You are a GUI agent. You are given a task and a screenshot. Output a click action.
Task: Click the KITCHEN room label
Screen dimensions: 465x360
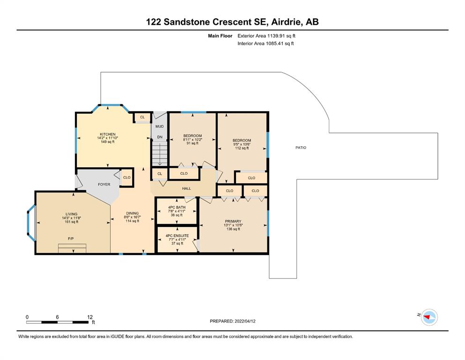(x=107, y=135)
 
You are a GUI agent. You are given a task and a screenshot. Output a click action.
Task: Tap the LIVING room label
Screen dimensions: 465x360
(x=72, y=214)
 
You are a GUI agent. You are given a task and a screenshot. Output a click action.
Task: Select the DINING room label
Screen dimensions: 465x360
(x=132, y=213)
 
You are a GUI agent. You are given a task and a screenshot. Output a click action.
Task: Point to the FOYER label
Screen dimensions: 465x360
(x=104, y=184)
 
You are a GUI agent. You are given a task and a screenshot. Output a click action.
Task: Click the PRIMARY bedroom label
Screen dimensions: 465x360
(x=233, y=221)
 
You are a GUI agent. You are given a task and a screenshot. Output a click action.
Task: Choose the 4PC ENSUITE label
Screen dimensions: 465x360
(x=177, y=236)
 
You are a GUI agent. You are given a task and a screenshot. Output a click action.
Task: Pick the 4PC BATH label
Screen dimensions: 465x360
(x=177, y=207)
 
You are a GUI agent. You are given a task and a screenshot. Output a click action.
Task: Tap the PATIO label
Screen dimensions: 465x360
(x=301, y=148)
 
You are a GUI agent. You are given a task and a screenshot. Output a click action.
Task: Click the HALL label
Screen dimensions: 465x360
(x=186, y=188)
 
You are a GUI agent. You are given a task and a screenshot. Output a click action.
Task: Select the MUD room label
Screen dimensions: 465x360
(x=160, y=127)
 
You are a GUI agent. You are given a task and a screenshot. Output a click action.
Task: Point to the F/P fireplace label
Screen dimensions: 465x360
(x=71, y=239)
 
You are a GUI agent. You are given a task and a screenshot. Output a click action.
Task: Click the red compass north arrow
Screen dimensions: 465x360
(x=427, y=317)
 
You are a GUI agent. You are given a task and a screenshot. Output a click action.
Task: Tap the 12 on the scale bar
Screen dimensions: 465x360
(x=90, y=317)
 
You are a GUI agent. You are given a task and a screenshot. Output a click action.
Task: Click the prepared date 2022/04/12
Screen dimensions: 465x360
(x=245, y=321)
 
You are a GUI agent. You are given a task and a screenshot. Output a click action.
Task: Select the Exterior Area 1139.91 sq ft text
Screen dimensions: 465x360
(x=266, y=36)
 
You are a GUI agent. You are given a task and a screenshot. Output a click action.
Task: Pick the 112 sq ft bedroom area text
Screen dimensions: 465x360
(x=242, y=148)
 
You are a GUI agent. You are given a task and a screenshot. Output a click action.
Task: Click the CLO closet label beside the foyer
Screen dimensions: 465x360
(x=126, y=178)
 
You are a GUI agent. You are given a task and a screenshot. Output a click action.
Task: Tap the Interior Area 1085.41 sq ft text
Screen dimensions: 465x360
(x=266, y=43)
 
